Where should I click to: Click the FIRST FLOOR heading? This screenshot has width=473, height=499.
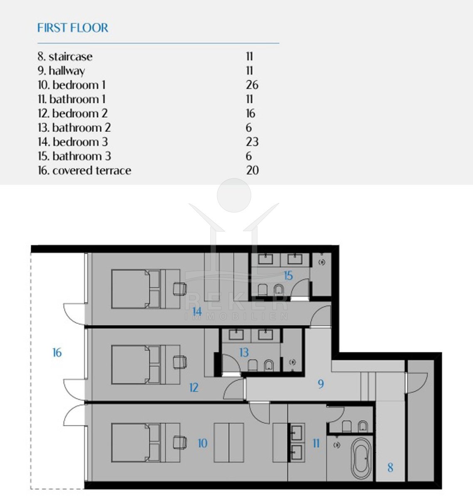pyautogui.click(x=73, y=28)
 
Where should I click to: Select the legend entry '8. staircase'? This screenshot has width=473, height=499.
pyautogui.click(x=65, y=57)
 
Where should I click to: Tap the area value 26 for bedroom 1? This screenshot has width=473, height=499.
pyautogui.click(x=252, y=85)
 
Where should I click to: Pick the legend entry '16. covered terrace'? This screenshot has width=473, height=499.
pyautogui.click(x=84, y=170)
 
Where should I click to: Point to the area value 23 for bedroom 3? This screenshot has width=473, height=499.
pyautogui.click(x=252, y=142)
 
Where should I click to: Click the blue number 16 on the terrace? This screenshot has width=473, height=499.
pyautogui.click(x=57, y=353)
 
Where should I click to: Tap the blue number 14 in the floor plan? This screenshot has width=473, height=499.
pyautogui.click(x=197, y=311)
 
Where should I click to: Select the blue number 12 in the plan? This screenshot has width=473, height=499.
pyautogui.click(x=194, y=387)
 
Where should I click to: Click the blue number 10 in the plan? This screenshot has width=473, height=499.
pyautogui.click(x=203, y=443)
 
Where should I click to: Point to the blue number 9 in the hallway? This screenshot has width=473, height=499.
pyautogui.click(x=321, y=384)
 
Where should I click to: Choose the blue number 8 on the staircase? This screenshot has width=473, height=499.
pyautogui.click(x=390, y=467)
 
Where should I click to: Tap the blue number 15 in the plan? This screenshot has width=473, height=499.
pyautogui.click(x=288, y=276)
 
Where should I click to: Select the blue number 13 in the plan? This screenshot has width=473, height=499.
pyautogui.click(x=244, y=352)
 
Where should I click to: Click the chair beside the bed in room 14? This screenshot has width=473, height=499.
pyautogui.click(x=180, y=289)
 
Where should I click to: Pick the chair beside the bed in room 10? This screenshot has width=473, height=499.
pyautogui.click(x=180, y=442)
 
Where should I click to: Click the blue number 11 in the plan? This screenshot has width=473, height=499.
pyautogui.click(x=316, y=443)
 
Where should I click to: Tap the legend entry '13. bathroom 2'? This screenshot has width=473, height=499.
pyautogui.click(x=74, y=128)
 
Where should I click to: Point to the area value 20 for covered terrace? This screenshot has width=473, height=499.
pyautogui.click(x=252, y=170)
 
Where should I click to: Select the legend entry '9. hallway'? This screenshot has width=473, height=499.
pyautogui.click(x=61, y=71)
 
